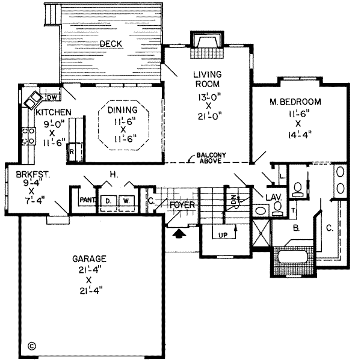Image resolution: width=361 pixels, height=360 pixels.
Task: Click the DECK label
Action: (x=112, y=43)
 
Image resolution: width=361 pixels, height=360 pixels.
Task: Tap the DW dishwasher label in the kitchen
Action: (x=51, y=97)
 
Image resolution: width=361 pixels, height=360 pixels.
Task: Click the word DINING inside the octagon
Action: (x=123, y=111)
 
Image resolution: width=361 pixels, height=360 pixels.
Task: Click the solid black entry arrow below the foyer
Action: (x=179, y=231)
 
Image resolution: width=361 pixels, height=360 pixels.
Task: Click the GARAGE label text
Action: (x=90, y=259)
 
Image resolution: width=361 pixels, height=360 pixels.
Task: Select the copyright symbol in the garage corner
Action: (x=31, y=346)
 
